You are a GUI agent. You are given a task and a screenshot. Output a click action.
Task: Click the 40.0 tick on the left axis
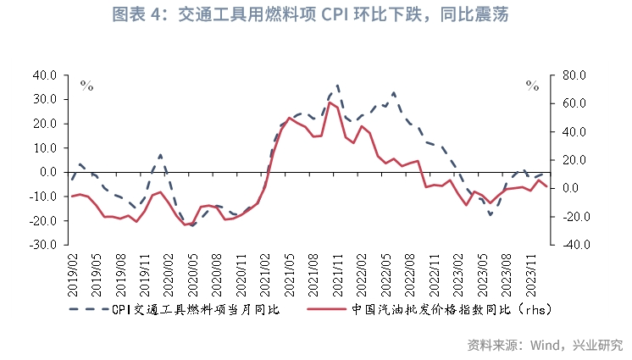(x=44, y=75)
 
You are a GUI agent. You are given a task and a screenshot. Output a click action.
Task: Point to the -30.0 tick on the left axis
(x=42, y=245)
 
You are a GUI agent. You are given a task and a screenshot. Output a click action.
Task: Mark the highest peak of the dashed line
(x=337, y=85)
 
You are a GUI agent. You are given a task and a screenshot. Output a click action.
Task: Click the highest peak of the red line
(x=329, y=102)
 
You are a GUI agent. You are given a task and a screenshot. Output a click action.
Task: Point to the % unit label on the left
(x=86, y=85)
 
